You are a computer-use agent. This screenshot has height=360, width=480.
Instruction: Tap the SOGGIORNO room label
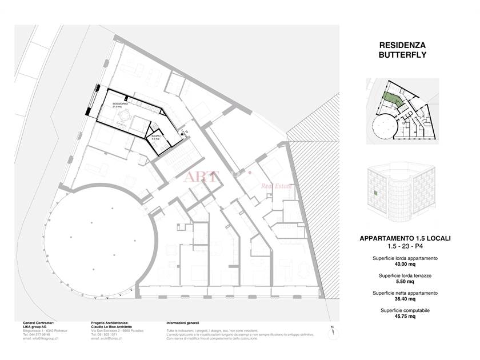click(x=119, y=103)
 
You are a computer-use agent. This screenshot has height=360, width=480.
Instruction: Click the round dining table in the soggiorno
click(x=123, y=116)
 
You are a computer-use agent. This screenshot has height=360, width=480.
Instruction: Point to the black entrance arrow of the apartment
click(x=182, y=134)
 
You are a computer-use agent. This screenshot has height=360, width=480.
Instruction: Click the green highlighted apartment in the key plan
click(x=390, y=99)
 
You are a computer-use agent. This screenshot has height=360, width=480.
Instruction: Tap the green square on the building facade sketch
click(x=374, y=194)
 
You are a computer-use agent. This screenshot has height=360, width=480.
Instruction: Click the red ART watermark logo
click(x=200, y=176)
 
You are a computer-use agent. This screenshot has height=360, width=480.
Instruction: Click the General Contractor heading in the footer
click(x=38, y=323)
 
